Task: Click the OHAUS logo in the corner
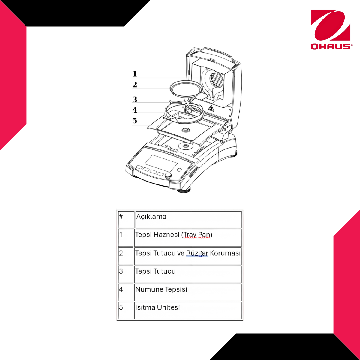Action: coord(331,30)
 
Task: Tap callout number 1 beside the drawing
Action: coord(135,74)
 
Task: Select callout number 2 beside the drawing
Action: coord(135,85)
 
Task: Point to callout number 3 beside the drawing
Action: coord(135,99)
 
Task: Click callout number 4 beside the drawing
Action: coord(135,110)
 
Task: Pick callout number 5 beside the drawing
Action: coord(135,121)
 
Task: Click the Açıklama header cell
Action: coord(188,220)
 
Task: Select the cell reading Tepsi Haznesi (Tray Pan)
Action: coord(188,238)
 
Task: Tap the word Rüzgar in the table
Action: coord(197,253)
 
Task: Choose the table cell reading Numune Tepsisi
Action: coord(188,292)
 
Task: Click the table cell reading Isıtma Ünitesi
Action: coord(188,311)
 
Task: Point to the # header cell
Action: coord(126,220)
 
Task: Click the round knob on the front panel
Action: coord(168,175)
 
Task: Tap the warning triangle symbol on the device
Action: coord(211,108)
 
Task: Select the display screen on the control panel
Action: coord(161,163)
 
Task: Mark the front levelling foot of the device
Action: coord(184,191)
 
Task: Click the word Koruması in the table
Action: coord(225,253)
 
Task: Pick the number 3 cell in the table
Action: coord(126,274)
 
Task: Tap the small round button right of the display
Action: coord(179,170)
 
